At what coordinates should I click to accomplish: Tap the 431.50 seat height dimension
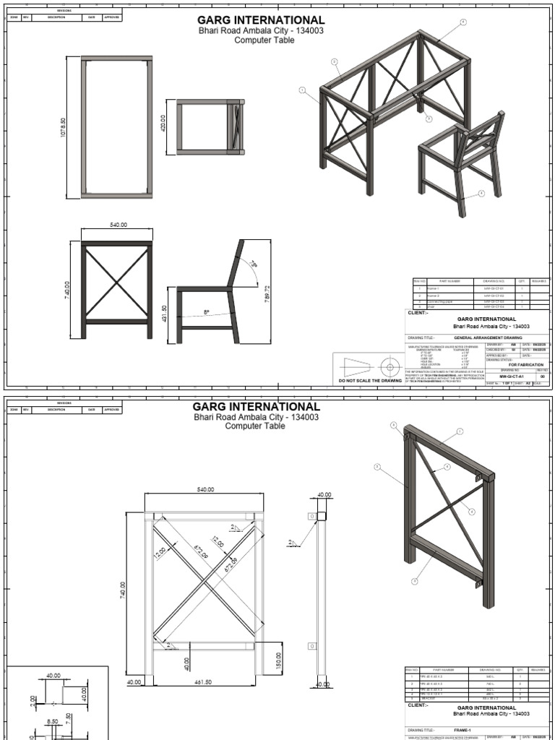[x=164, y=312]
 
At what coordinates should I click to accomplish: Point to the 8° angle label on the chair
[x=206, y=312]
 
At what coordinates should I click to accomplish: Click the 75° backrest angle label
[x=254, y=265]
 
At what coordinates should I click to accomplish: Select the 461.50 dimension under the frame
[x=204, y=681]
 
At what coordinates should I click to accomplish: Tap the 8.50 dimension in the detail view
[x=52, y=720]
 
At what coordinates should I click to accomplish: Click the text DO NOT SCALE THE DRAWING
[x=368, y=380]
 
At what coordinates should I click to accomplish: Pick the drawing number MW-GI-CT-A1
[x=512, y=377]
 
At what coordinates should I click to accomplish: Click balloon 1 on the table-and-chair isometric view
[x=303, y=90]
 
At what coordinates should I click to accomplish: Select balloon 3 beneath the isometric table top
[x=428, y=119]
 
